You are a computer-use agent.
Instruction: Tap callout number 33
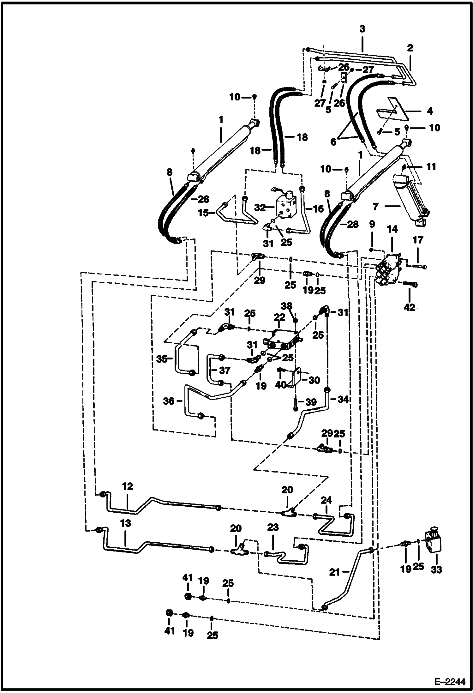point(436,570)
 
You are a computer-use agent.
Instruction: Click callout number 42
point(409,307)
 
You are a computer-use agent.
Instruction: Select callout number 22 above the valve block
point(279,317)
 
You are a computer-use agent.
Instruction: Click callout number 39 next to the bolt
point(311,402)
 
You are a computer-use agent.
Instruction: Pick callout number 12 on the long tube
point(127,486)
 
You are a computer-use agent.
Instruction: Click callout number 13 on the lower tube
point(125,523)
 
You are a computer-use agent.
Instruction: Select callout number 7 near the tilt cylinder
point(375,207)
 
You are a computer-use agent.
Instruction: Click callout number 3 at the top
point(362,29)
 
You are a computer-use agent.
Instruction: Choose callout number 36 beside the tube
point(169,401)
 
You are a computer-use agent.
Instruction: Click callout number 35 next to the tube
point(162,359)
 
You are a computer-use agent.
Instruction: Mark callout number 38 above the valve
point(287,306)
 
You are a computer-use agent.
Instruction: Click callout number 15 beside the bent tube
point(204,213)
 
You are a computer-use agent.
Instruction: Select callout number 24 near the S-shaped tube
point(326,500)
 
